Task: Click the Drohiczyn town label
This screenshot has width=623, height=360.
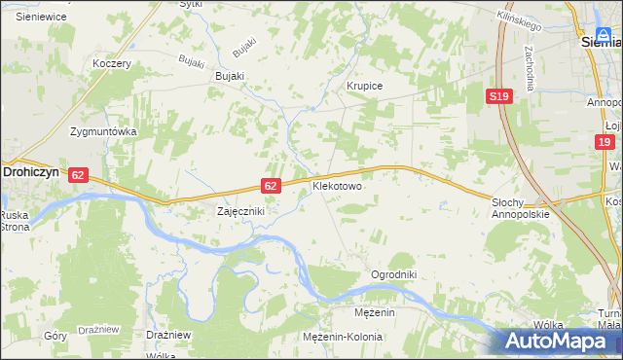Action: [x=33, y=168]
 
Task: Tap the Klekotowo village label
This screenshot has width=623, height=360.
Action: [x=337, y=184]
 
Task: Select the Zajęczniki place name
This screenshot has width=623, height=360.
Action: [x=239, y=210]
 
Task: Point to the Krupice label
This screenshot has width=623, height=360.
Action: [x=365, y=86]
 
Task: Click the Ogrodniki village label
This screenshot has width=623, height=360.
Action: [x=393, y=274]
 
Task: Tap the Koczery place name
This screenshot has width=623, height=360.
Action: [x=112, y=63]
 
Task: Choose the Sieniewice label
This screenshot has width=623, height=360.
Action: [x=40, y=17]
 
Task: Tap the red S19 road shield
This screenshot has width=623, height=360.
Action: [x=499, y=96]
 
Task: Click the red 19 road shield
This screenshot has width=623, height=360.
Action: [x=605, y=142]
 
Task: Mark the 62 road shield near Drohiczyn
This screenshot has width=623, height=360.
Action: [x=80, y=175]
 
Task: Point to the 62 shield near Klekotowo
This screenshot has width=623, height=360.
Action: [x=272, y=185]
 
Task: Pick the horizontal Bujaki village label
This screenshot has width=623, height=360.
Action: [x=230, y=76]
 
